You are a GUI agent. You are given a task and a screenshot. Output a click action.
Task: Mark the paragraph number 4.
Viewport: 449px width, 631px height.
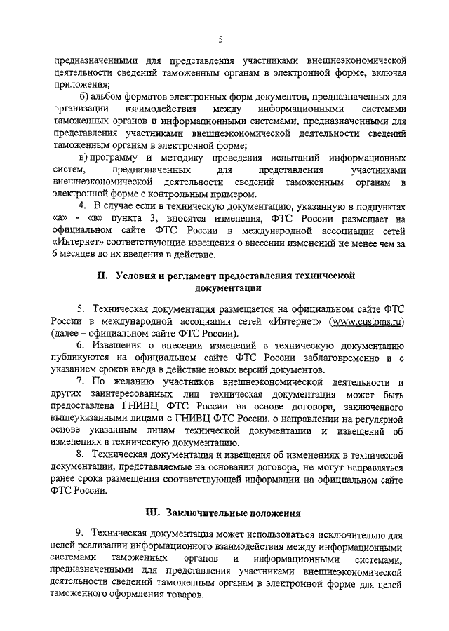pyautogui.click(x=81, y=207)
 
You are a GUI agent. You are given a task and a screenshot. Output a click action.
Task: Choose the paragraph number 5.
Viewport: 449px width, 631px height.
pyautogui.click(x=81, y=308)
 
